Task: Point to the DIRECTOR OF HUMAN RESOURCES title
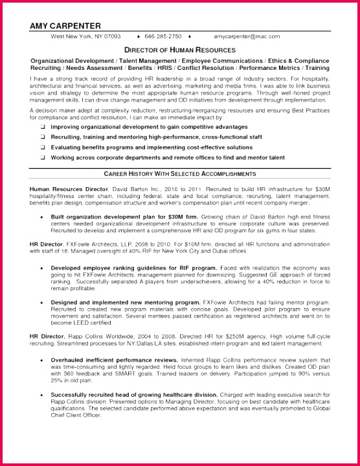[x=179, y=49]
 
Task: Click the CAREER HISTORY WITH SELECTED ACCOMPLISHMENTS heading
[x=179, y=174]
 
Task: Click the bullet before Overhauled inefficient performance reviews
[x=42, y=359]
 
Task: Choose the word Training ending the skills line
[x=313, y=67]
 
